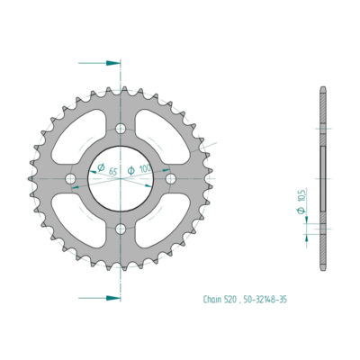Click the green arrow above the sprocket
[x=110, y=64]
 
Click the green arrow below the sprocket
[x=110, y=296]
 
